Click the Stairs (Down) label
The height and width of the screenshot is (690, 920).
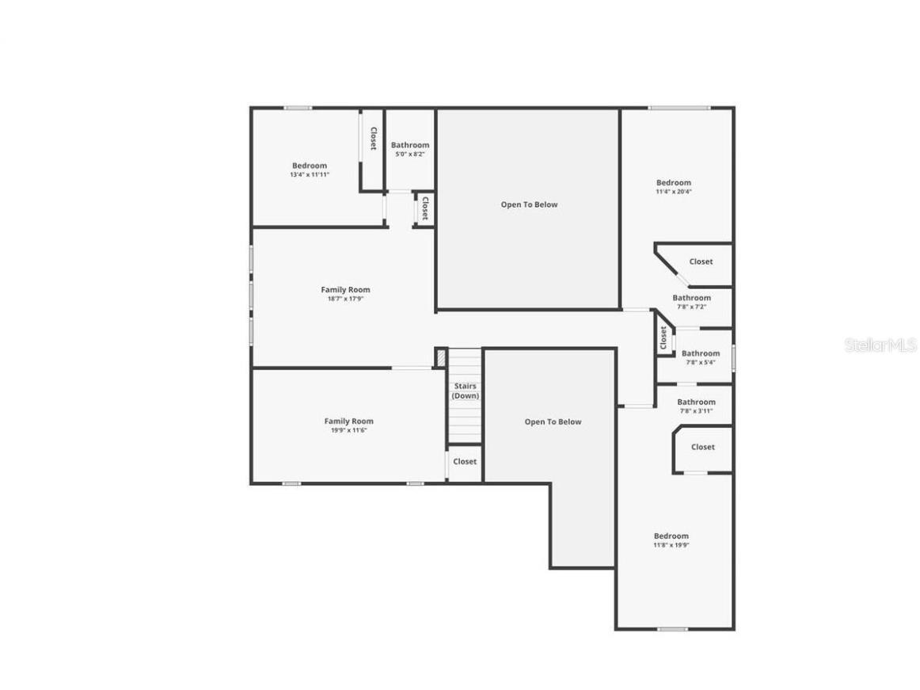(x=466, y=391)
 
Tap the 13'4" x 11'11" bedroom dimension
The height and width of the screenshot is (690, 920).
(x=310, y=174)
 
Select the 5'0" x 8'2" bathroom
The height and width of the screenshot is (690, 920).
(x=410, y=150)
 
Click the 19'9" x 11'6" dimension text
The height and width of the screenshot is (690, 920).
(x=348, y=430)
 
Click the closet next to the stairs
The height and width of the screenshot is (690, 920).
(x=465, y=461)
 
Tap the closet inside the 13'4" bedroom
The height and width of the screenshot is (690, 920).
(x=373, y=139)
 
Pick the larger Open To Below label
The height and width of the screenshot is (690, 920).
(x=529, y=204)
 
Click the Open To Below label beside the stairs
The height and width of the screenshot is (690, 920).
(x=553, y=422)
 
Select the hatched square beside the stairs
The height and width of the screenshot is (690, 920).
(x=440, y=358)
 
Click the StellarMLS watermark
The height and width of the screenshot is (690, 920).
(x=880, y=345)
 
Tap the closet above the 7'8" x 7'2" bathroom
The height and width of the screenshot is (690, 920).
(x=701, y=261)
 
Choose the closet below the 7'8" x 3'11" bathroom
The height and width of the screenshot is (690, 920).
(x=702, y=447)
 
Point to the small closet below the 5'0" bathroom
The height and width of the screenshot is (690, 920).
(x=425, y=208)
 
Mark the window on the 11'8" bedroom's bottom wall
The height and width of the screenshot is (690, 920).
(x=672, y=629)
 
